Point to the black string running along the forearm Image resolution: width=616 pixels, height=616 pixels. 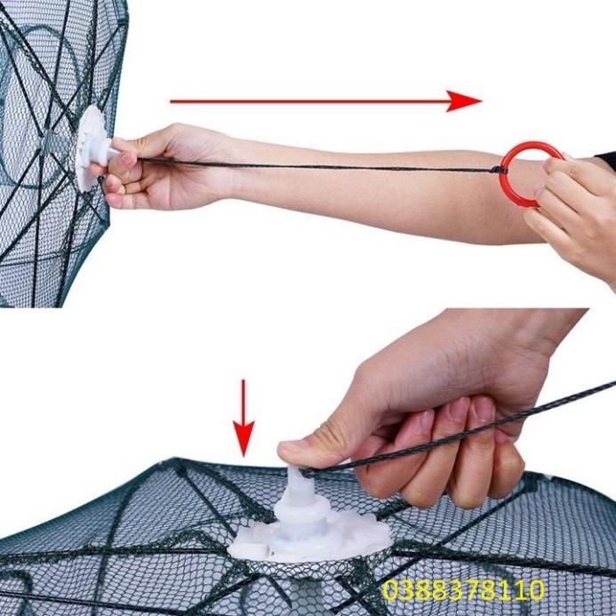click(x=338, y=166)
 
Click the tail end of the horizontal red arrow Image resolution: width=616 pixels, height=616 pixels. click(x=173, y=100)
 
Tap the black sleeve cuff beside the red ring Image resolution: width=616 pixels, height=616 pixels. click(x=607, y=161)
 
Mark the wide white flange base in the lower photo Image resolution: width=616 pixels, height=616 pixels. click(x=311, y=538)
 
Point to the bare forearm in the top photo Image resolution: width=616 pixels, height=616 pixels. click(x=356, y=191)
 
